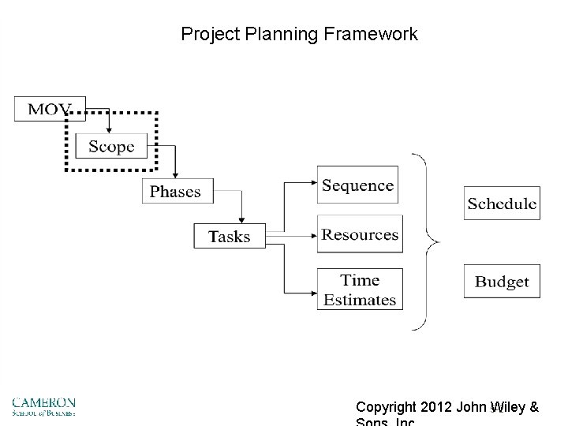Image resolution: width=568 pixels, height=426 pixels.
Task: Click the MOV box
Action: tap(49, 109)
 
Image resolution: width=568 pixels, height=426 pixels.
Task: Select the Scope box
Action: tap(111, 146)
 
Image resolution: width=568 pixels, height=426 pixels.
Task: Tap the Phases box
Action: tap(175, 192)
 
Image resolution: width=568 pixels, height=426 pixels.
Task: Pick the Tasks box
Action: tap(229, 236)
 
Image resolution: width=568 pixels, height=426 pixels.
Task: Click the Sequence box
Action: tap(357, 185)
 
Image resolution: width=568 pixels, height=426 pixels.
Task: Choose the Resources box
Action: tap(359, 234)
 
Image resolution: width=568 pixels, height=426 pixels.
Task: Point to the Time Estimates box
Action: tap(359, 290)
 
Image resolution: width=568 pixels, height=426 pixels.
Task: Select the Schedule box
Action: tap(502, 204)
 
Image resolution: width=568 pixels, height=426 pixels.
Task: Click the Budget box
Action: tap(502, 282)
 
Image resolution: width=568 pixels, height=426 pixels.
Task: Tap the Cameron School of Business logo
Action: tap(43, 406)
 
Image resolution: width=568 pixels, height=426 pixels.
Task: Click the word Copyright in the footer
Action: tap(387, 408)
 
